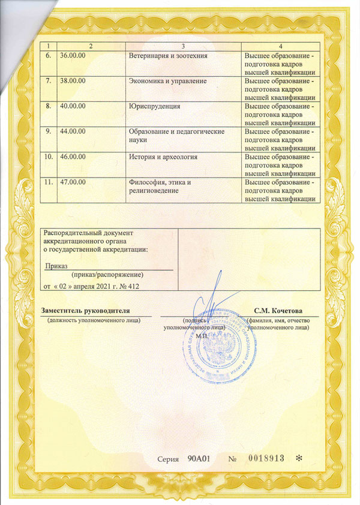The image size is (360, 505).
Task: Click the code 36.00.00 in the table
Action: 73,56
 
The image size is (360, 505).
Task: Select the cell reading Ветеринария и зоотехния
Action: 169,56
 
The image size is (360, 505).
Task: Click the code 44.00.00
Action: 73,131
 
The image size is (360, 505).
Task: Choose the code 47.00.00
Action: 73,181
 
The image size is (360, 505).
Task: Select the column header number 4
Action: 280,46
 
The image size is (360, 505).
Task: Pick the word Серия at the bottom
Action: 167,459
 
